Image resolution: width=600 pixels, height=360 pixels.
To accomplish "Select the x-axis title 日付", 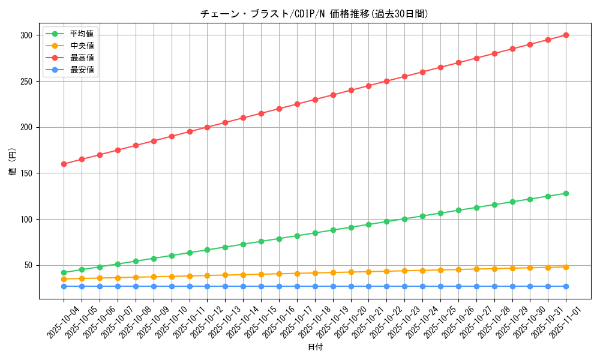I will tap(314, 347).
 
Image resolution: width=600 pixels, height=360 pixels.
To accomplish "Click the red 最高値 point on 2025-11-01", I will tap(566, 35).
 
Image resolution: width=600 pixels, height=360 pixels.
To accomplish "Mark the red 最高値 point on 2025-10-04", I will tap(64, 164).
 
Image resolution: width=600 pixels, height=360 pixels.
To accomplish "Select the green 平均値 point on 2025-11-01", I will tap(566, 193).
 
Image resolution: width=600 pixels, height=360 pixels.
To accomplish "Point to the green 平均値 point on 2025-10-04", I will tap(64, 272).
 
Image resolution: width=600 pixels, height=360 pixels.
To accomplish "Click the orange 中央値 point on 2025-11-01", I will tap(566, 267).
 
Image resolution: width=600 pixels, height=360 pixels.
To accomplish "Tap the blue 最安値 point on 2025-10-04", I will tap(64, 286).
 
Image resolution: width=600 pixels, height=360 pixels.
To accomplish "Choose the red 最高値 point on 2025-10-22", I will tap(386, 81).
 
